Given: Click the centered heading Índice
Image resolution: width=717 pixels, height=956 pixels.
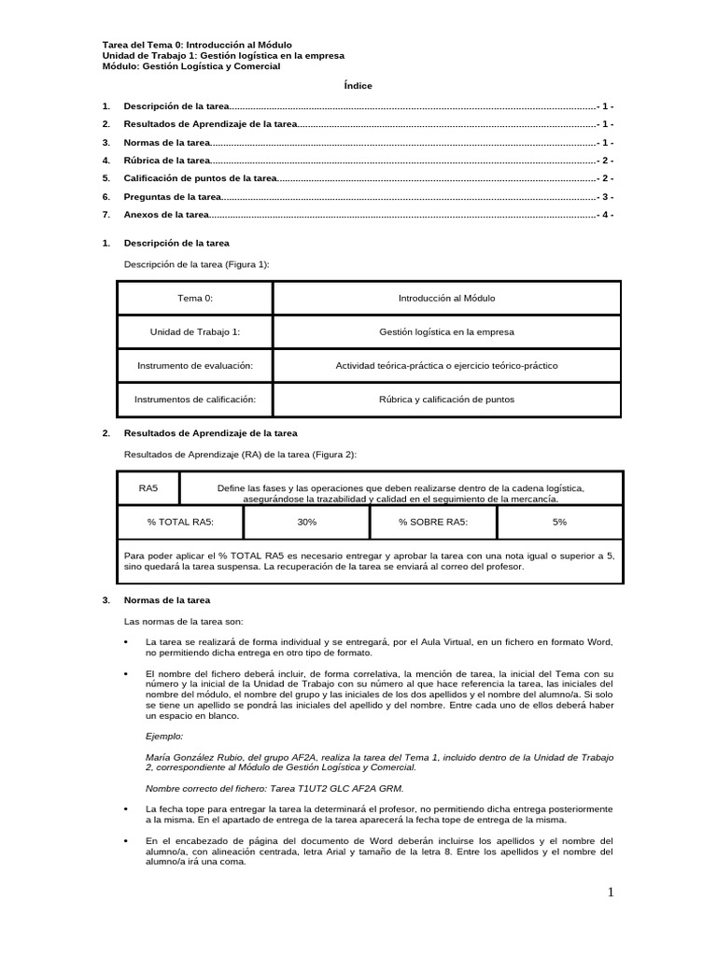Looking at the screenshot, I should click(x=358, y=86).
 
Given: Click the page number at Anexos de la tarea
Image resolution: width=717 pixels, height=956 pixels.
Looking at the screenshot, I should click(x=605, y=215).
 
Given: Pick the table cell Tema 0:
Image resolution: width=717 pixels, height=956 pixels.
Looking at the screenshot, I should click(x=195, y=299).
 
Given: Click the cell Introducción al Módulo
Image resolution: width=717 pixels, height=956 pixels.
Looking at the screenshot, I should click(x=446, y=299).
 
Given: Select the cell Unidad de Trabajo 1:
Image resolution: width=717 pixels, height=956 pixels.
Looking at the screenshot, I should click(x=195, y=332).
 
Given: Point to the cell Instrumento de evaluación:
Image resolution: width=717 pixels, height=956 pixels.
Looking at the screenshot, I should click(x=195, y=366).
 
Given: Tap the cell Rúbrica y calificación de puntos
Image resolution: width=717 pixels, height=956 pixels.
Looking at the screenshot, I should click(x=446, y=400).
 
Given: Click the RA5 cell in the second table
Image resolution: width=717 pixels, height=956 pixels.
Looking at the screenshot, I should click(x=148, y=488).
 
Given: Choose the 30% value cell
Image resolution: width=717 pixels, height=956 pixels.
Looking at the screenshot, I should click(x=307, y=523).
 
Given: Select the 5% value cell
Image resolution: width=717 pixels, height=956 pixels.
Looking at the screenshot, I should click(x=559, y=523).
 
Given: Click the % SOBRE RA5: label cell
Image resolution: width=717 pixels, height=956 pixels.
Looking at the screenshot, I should click(x=433, y=523).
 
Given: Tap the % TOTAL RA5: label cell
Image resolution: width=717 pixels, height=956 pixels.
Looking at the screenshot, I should click(x=180, y=523).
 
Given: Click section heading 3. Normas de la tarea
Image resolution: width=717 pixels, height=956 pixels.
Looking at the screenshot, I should click(x=167, y=599).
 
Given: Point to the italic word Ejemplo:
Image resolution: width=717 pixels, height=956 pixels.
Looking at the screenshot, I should click(x=164, y=736).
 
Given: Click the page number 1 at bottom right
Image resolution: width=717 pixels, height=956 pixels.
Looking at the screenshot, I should click(x=611, y=893).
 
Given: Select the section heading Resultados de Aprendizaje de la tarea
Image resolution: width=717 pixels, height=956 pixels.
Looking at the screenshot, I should click(x=210, y=433).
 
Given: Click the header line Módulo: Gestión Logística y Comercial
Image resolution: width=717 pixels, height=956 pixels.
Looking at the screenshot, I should click(x=190, y=66).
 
